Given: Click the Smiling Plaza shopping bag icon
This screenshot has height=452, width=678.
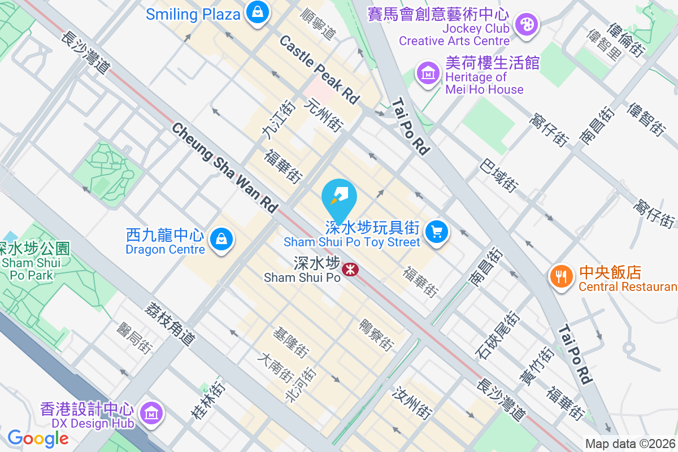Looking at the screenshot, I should (257, 12).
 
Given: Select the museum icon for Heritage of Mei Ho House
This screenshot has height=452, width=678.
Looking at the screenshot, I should (428, 73).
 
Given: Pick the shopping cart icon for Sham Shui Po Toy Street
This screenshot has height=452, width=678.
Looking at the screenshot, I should (436, 232).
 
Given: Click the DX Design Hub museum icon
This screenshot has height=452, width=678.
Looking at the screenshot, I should (151, 412).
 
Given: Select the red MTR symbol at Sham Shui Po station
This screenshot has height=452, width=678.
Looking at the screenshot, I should (350, 270).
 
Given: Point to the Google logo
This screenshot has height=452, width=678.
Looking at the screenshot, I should (38, 438).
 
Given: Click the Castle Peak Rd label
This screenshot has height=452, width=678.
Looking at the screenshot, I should (319, 69).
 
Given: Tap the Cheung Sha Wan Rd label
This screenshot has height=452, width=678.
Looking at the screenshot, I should (225, 168).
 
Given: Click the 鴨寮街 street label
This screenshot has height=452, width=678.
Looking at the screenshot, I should (376, 334).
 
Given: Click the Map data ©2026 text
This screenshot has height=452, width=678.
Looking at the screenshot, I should (631, 444).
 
